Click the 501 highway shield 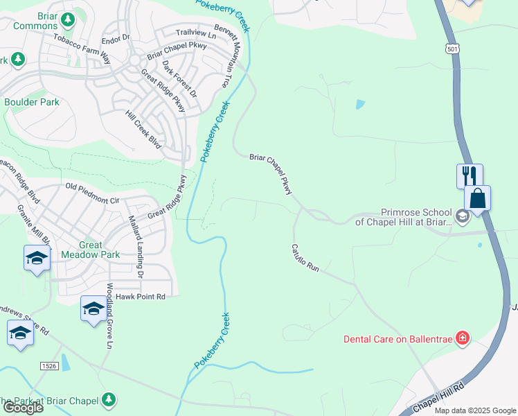[x=452, y=49]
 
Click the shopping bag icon [x=477, y=198]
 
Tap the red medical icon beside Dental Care [x=463, y=339]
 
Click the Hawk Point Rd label [x=141, y=297]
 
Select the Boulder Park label [x=32, y=102]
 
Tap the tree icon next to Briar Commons [x=68, y=19]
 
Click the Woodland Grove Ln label [x=109, y=315]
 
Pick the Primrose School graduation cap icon [x=463, y=217]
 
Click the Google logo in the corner [x=22, y=407]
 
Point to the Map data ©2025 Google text [x=475, y=410]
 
